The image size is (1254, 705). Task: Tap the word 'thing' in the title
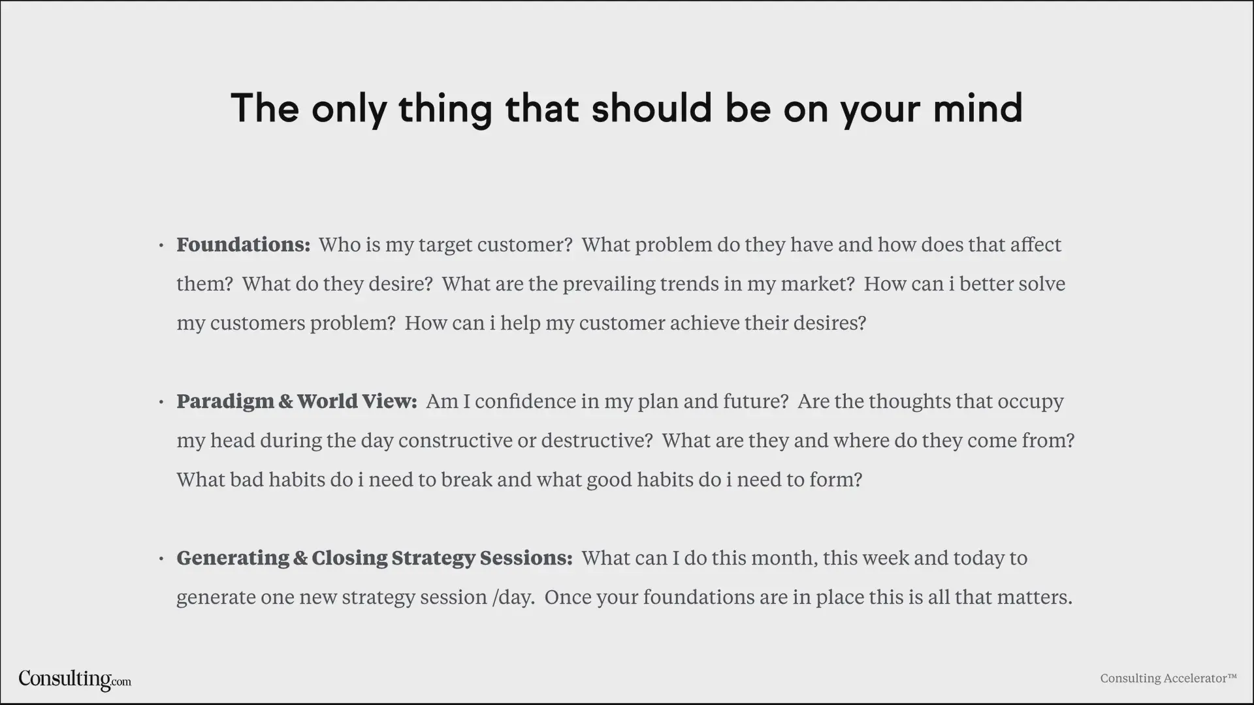click(445, 109)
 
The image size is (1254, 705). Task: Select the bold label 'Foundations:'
click(244, 245)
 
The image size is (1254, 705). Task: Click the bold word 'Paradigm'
click(225, 402)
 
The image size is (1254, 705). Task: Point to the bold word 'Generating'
click(233, 559)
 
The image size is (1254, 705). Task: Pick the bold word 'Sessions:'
click(526, 558)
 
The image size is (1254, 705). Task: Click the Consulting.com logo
click(74, 680)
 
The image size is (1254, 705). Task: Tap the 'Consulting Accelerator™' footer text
click(1168, 678)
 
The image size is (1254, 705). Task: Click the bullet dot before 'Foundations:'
click(161, 246)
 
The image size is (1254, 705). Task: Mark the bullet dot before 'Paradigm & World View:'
click(161, 403)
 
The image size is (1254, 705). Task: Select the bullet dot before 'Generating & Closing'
click(161, 559)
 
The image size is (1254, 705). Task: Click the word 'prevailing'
click(609, 285)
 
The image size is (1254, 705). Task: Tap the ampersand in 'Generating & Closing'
click(300, 558)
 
